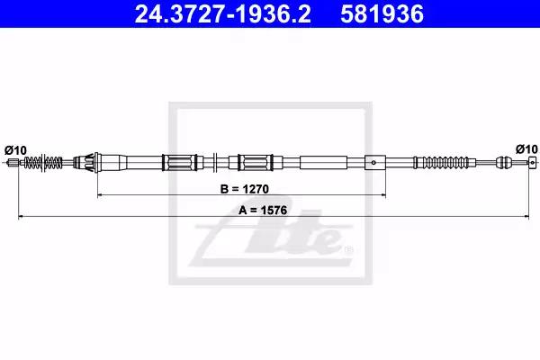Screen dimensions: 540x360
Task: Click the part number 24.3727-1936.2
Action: (222, 14)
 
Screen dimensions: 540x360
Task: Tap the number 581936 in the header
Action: (382, 14)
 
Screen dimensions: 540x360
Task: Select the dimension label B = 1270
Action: (245, 189)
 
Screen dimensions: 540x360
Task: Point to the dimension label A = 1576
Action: (263, 210)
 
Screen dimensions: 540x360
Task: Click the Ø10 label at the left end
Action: (15, 150)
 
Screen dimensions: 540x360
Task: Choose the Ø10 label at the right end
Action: (526, 149)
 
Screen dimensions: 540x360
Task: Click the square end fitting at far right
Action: (533, 162)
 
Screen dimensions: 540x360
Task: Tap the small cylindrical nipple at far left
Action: (13, 162)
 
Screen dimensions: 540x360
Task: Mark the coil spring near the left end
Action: (43, 162)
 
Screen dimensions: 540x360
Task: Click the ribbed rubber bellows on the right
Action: (445, 162)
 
